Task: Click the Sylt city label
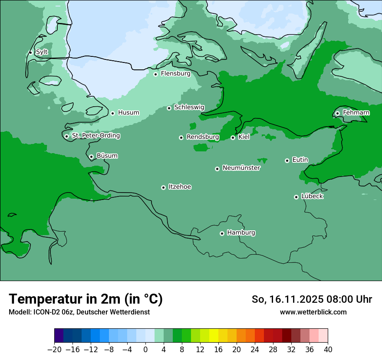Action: (42, 52)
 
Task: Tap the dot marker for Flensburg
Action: (155, 74)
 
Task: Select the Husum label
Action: (128, 113)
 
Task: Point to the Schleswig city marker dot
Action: (169, 108)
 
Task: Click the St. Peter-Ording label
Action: (95, 136)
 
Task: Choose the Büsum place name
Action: (107, 156)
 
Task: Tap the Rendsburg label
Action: (202, 137)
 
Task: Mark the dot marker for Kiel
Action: (233, 137)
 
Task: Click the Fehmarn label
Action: (356, 113)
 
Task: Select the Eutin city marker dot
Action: (287, 160)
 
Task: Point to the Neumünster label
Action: (241, 168)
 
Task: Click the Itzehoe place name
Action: (180, 187)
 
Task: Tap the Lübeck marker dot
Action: (296, 197)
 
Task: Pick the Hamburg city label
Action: (241, 233)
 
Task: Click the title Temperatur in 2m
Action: (86, 299)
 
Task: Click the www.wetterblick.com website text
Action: (313, 312)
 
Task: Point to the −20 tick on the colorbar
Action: (54, 350)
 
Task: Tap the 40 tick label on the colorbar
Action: (328, 350)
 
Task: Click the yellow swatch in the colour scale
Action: (214, 336)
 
